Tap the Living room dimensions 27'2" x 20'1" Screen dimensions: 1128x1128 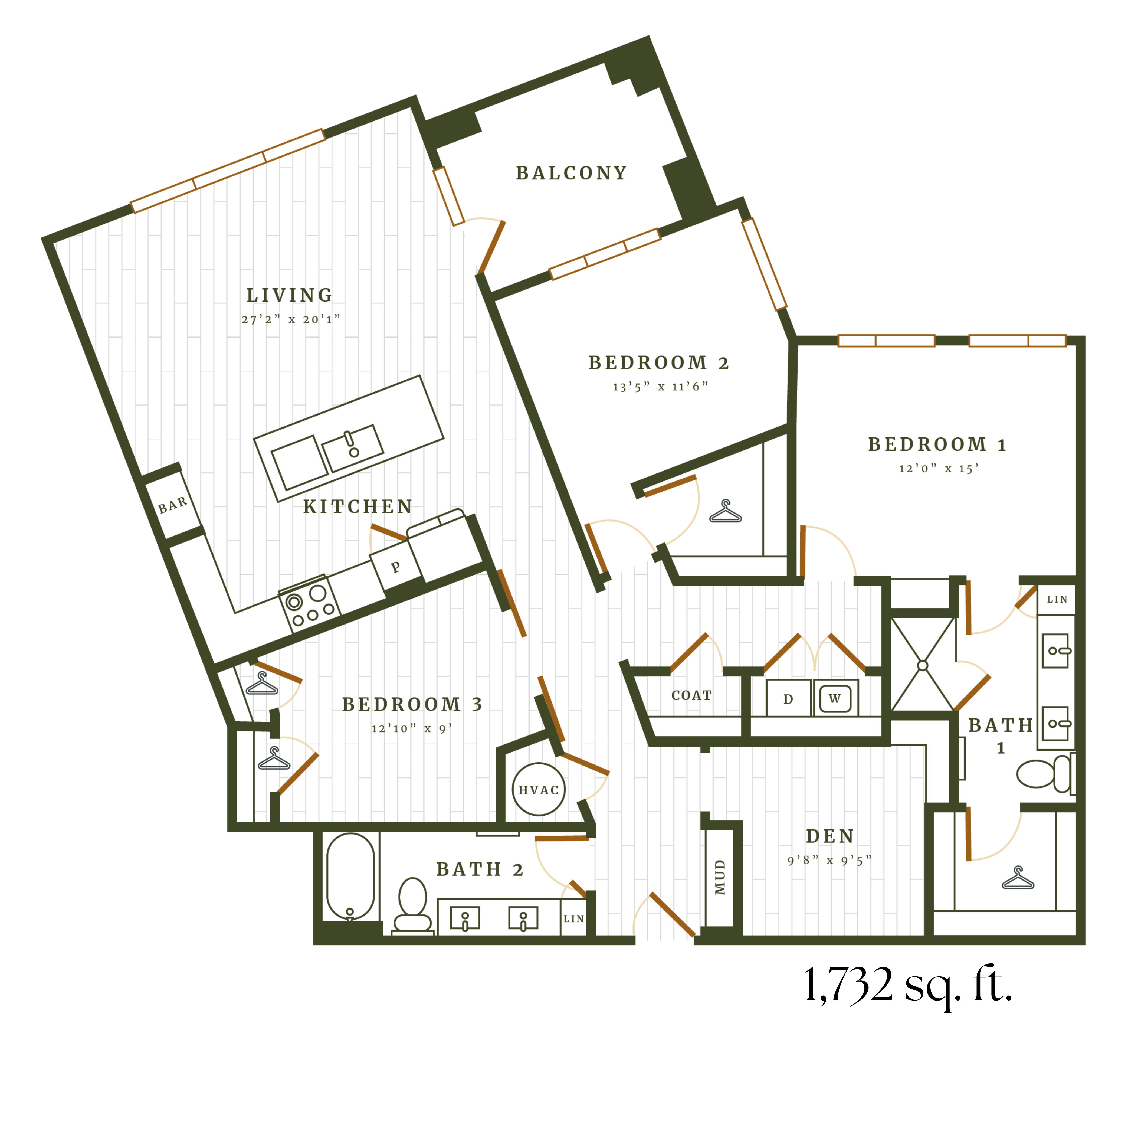tap(290, 319)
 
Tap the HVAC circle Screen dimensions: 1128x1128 tap(538, 790)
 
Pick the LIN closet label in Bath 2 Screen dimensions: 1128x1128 tap(573, 919)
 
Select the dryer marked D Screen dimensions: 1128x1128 tap(788, 699)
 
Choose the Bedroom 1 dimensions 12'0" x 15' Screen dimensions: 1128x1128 tap(938, 469)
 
